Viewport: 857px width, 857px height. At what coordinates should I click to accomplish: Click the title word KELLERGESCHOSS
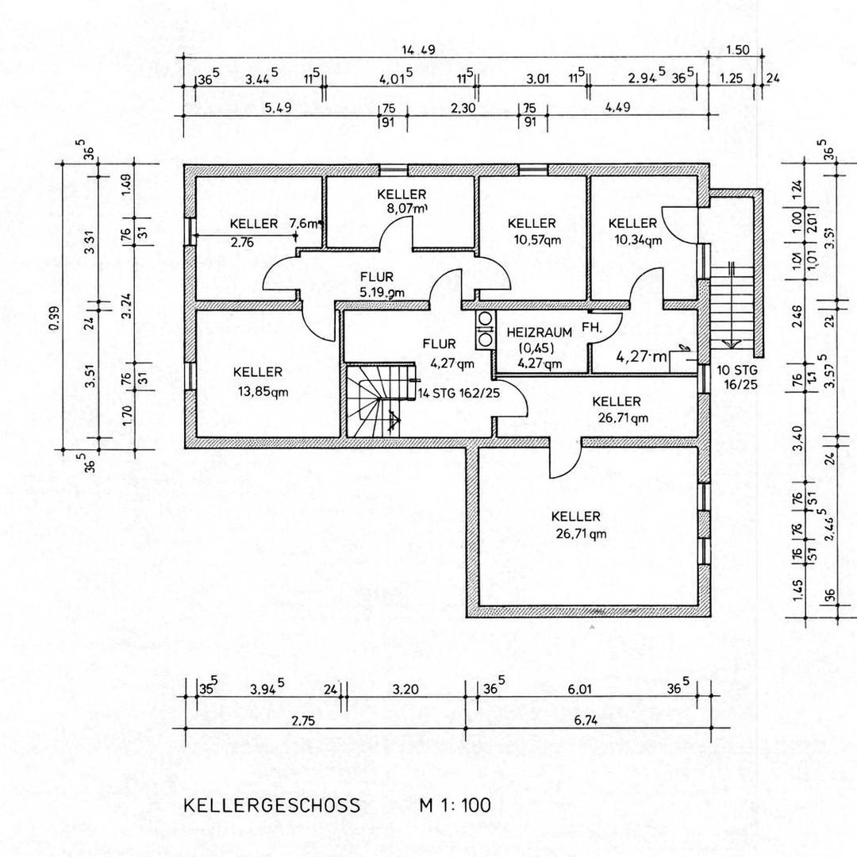272,805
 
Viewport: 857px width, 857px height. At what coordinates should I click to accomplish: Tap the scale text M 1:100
455,805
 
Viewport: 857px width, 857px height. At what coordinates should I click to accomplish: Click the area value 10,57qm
532,240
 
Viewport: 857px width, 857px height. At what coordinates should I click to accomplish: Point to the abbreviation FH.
591,327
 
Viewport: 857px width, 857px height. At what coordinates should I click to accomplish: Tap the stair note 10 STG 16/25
738,378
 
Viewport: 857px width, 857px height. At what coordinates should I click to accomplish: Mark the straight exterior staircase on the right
728,306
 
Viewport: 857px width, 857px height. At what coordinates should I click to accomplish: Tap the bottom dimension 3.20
405,689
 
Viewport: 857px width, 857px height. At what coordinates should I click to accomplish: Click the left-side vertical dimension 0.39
54,306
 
